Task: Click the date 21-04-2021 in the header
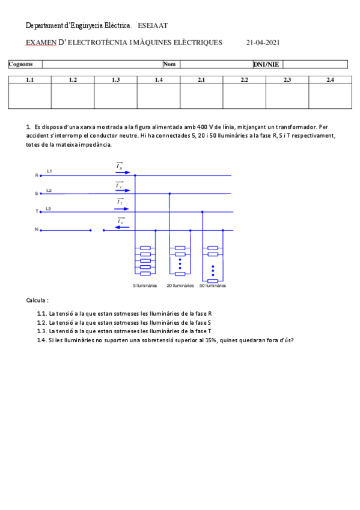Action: click(x=263, y=43)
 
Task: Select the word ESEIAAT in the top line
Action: click(x=153, y=26)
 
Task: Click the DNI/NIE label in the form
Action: click(x=266, y=64)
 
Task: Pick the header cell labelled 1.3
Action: click(x=115, y=79)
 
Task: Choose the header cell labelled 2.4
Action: click(x=330, y=79)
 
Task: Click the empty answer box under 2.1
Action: click(x=201, y=96)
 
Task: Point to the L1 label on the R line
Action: click(x=49, y=172)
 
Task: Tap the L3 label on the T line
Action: click(x=49, y=208)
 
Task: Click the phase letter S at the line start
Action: click(x=37, y=194)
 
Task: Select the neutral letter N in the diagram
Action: click(x=37, y=230)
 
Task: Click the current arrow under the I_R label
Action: click(x=120, y=171)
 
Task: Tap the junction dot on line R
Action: click(x=135, y=176)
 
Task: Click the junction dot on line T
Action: click(x=202, y=212)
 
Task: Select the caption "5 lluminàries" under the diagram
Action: click(x=145, y=286)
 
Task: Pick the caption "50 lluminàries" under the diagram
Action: click(x=213, y=286)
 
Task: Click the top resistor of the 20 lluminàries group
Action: click(x=179, y=248)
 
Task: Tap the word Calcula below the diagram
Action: click(x=37, y=300)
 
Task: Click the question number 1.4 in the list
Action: click(x=41, y=340)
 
